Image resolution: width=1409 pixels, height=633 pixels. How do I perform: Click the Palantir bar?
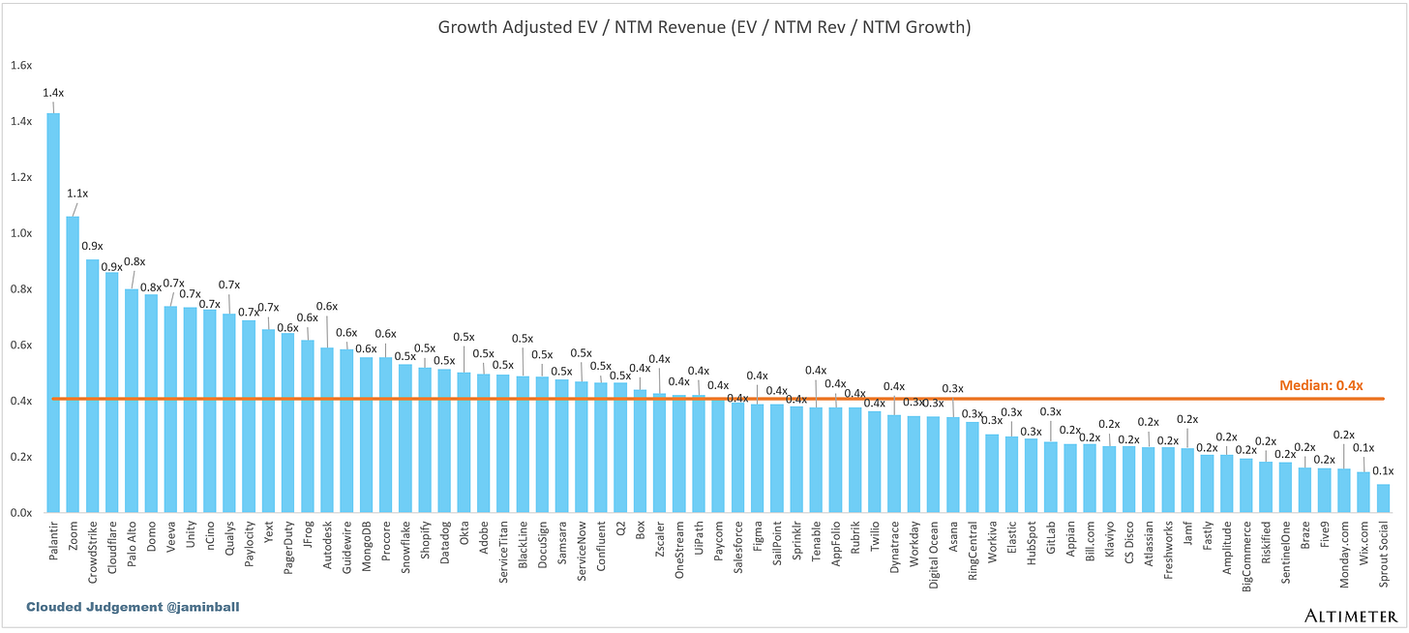click(53, 313)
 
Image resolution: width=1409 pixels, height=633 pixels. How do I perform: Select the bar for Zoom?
click(73, 364)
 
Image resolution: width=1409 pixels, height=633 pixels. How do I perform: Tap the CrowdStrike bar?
click(93, 386)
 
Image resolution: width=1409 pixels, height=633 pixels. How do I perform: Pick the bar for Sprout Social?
click(1383, 498)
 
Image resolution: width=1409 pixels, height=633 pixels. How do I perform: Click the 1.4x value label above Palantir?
click(53, 93)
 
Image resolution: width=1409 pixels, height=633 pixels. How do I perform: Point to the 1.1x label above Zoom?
click(77, 194)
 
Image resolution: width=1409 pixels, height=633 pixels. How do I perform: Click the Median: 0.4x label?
click(1321, 385)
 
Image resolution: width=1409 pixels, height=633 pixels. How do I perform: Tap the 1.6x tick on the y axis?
click(21, 66)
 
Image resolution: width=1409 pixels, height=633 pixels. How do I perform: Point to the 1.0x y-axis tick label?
click(21, 233)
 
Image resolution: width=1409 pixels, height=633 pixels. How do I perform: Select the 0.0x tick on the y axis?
click(21, 513)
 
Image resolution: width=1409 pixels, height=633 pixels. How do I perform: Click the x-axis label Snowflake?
click(405, 547)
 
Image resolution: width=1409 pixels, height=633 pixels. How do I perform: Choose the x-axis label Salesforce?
click(738, 547)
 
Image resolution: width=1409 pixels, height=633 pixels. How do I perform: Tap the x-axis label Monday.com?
click(1344, 555)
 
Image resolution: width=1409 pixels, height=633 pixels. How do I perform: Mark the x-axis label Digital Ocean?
click(934, 555)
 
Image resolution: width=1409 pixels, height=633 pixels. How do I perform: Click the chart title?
click(704, 27)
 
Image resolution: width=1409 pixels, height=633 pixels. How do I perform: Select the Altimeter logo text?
click(1351, 616)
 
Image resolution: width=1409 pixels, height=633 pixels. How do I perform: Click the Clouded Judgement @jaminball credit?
click(133, 607)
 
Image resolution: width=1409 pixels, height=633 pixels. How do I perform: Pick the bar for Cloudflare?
click(112, 393)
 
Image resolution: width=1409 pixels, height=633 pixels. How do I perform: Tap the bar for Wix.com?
click(1364, 493)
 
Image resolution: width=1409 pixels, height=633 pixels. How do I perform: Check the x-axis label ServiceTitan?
click(503, 552)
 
